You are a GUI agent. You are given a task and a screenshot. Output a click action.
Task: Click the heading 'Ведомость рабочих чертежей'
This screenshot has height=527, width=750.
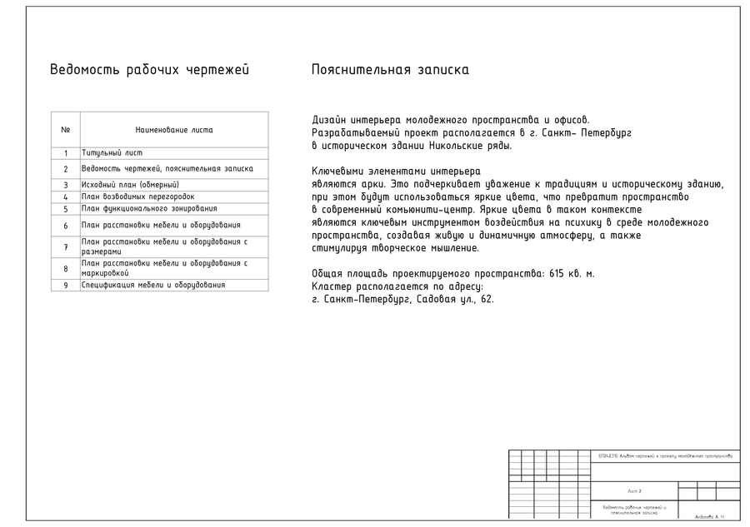click(149, 70)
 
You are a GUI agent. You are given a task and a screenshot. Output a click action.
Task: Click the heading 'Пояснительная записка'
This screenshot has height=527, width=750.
click(389, 70)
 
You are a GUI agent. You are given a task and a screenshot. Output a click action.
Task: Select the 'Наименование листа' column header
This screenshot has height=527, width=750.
click(173, 130)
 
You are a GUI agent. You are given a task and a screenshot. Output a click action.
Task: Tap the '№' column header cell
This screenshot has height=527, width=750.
click(65, 130)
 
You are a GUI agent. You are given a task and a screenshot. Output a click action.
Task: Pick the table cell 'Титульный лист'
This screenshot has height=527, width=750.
click(112, 153)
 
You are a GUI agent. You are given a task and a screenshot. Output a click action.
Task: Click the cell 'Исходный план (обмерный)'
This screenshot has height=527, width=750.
click(130, 184)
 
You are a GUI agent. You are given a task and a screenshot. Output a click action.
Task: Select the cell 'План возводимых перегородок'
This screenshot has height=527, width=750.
click(137, 196)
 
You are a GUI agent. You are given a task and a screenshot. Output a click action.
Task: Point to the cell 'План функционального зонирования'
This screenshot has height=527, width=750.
click(148, 208)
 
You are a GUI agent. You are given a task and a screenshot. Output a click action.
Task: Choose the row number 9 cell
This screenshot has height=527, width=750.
click(65, 286)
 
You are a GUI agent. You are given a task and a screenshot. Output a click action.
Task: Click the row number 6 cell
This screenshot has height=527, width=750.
click(65, 226)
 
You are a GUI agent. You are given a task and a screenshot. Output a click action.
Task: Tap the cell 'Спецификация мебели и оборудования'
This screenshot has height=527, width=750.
click(152, 286)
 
